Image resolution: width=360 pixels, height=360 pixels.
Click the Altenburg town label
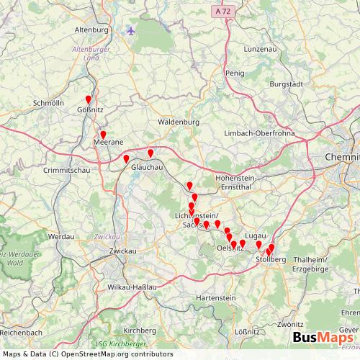[x=91, y=30]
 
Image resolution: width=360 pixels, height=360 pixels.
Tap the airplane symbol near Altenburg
[x=130, y=30]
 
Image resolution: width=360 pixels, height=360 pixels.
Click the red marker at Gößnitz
[x=89, y=100]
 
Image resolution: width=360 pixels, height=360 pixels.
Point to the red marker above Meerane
[x=103, y=135]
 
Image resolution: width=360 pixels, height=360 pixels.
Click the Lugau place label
[x=256, y=235]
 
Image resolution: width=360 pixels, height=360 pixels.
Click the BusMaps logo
[x=323, y=337]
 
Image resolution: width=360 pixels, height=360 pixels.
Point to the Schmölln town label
[x=48, y=103]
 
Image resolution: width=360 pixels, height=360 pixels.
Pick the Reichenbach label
[x=20, y=334]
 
